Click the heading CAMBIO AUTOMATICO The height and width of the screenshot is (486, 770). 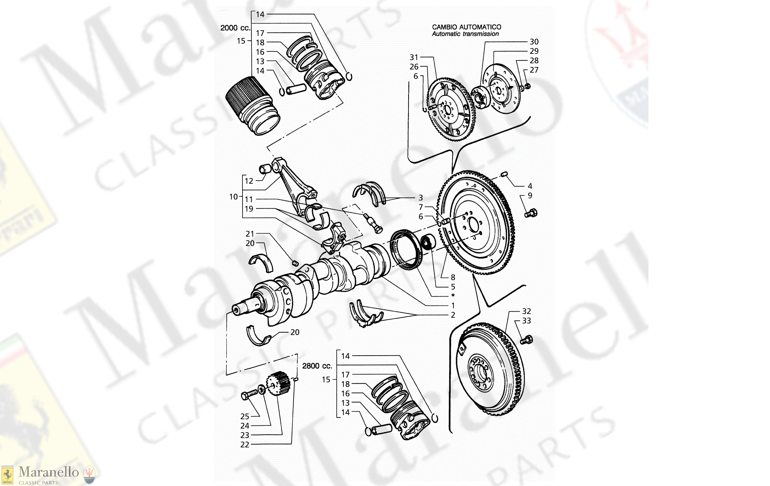point(466,27)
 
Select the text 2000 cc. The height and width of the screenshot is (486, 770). point(235,28)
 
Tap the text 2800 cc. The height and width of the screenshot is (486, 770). point(317,366)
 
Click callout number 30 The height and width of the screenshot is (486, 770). point(534,42)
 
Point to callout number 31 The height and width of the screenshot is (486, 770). point(414,57)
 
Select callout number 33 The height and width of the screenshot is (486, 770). point(527,321)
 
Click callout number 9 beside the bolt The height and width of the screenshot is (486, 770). point(530,195)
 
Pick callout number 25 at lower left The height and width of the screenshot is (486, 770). point(245,416)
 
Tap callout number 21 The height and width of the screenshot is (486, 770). point(250,234)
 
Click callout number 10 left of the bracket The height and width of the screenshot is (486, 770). point(234,197)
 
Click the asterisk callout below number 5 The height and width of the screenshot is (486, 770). point(453,295)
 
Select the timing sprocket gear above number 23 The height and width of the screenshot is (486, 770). point(279,383)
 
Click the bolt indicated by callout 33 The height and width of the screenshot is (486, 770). point(527,340)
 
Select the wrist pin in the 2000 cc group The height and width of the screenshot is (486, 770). point(296,89)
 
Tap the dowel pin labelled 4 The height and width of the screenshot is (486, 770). point(504,174)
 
